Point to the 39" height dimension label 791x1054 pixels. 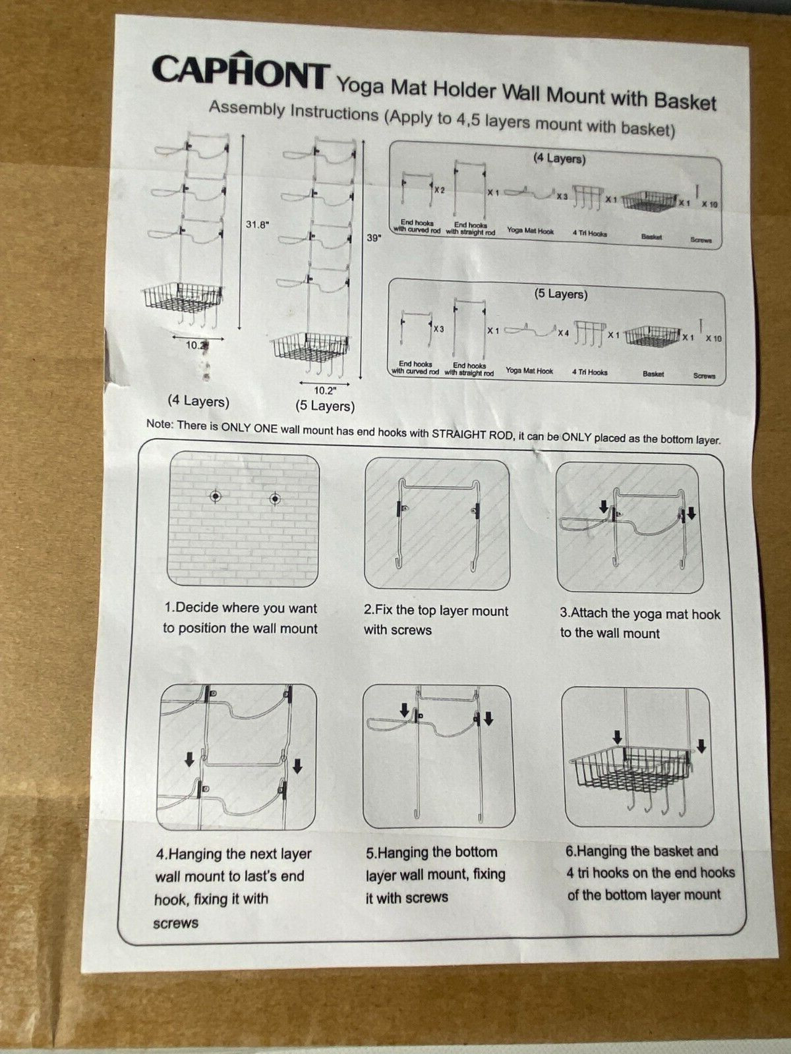(374, 238)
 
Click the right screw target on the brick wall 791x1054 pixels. (275, 499)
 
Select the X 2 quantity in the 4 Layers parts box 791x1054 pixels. (440, 190)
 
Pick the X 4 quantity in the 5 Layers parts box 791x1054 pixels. (563, 332)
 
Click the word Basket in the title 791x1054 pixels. (685, 101)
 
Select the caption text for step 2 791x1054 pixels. (436, 620)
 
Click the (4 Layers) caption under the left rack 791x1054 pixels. (198, 401)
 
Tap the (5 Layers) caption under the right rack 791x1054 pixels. (325, 406)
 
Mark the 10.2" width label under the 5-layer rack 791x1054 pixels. (325, 390)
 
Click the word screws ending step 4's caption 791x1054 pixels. (176, 924)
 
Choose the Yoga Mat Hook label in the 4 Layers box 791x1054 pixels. (530, 231)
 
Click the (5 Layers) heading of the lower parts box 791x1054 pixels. (560, 293)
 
